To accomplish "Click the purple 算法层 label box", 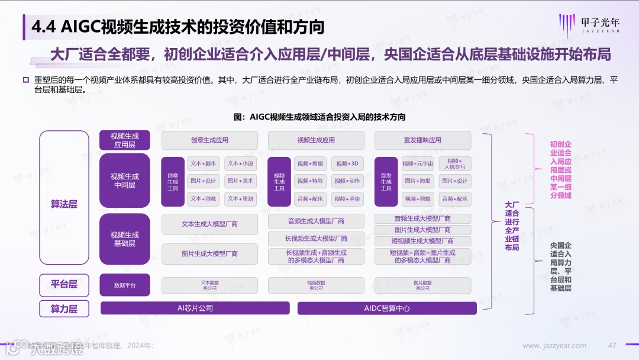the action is pyautogui.click(x=64, y=204).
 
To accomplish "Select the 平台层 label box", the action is pyautogui.click(x=64, y=284).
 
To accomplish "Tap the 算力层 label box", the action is pyautogui.click(x=64, y=308).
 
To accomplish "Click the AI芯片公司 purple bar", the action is pyautogui.click(x=195, y=308).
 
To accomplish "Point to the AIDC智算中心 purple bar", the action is pyautogui.click(x=387, y=308).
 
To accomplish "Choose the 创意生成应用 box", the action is pyautogui.click(x=209, y=140).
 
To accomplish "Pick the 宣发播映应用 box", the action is pyautogui.click(x=422, y=140).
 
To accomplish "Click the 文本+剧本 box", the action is pyautogui.click(x=203, y=163).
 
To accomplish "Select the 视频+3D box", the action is pyautogui.click(x=347, y=163).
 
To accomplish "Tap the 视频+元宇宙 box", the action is pyautogui.click(x=418, y=163).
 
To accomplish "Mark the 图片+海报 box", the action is pyautogui.click(x=418, y=181).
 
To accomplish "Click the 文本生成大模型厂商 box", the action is pyautogui.click(x=209, y=224).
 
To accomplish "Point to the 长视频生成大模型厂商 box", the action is pyautogui.click(x=316, y=239).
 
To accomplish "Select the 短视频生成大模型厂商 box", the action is pyautogui.click(x=422, y=241).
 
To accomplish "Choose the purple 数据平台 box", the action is pyautogui.click(x=125, y=285).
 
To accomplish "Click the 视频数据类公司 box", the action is pyautogui.click(x=316, y=285).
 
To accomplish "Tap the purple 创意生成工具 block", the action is pyautogui.click(x=173, y=181).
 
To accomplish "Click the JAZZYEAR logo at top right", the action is pyautogui.click(x=592, y=26).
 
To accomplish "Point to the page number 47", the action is pyautogui.click(x=612, y=346).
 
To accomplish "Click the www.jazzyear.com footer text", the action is pyautogui.click(x=554, y=346).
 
